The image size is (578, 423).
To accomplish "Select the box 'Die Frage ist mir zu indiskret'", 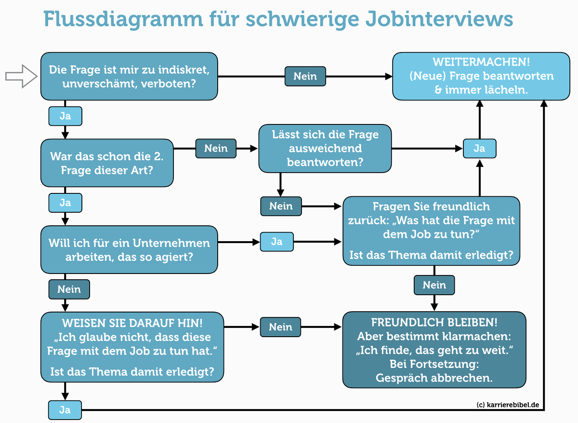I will pos(129,76).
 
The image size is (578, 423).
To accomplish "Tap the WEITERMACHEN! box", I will pos(481,76).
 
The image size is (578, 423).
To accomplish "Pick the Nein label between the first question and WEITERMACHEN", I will pos(305,76).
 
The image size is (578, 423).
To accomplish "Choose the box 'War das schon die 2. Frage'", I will pos(107,163).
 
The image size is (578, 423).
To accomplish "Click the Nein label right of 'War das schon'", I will pos(216,149).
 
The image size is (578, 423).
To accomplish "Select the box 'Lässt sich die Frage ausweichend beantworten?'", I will pos(325,149).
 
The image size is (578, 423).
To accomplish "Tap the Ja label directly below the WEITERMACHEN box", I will pos(479,149).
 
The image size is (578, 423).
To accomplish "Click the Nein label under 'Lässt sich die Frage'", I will pos(281,206).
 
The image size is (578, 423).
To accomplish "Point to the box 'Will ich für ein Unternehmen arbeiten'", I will pos(129,250).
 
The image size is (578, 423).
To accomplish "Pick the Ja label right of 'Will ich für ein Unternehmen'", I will pos(276,242).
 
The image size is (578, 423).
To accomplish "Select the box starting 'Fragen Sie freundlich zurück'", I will pos(431,231).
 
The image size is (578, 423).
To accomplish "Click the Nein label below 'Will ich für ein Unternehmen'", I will pos(69,289).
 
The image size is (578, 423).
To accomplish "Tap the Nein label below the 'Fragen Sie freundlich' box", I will pos(434,285).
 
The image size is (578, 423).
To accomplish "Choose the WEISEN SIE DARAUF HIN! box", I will pos(132,347).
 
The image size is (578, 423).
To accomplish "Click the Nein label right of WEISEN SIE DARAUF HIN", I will pos(280,327).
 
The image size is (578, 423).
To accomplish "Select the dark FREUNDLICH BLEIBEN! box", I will pos(434,350).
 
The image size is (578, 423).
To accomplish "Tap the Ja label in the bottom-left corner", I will pos(65,410).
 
